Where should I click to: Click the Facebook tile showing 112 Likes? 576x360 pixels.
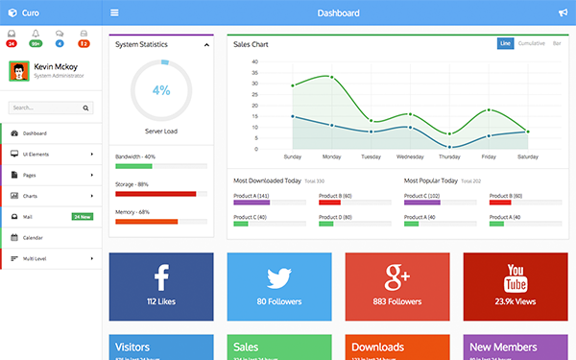160,285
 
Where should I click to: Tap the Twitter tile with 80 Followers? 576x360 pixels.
278,285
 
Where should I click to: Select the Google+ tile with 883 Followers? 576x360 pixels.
397,285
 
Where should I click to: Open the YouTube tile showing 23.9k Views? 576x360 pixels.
516,285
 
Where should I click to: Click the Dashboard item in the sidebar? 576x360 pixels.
35,132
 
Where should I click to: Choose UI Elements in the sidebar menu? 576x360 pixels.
38,154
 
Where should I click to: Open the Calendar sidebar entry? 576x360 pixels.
33,237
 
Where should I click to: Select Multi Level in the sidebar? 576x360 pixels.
36,258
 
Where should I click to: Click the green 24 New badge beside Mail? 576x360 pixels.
83,217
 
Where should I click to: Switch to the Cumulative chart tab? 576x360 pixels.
532,43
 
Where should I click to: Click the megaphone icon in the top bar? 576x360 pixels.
563,13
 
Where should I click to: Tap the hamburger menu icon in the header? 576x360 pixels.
115,13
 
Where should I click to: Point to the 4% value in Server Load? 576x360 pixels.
160,90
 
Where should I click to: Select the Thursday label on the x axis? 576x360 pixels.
449,156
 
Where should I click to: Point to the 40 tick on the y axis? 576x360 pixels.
254,62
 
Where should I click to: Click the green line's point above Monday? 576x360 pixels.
332,77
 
